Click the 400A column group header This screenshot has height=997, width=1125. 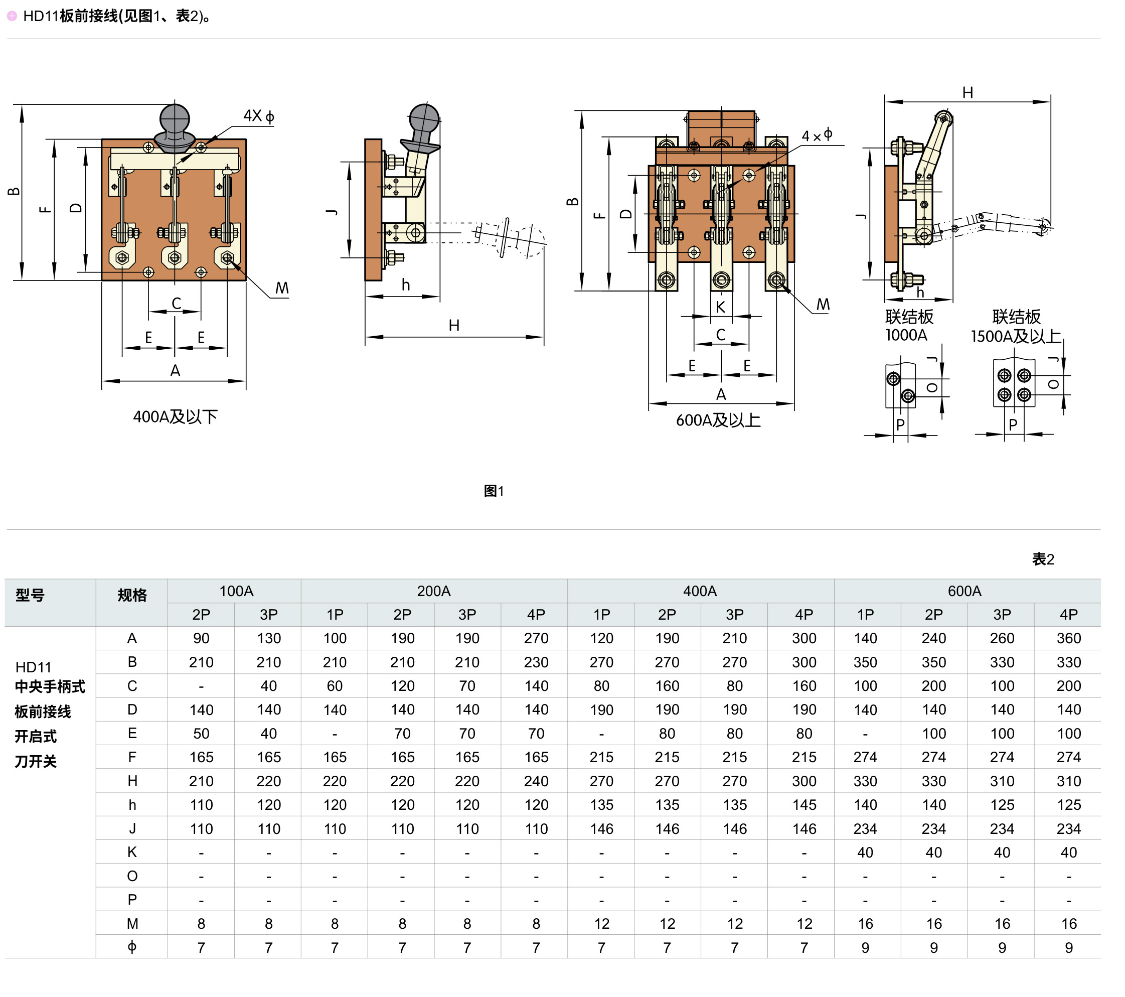[x=700, y=591]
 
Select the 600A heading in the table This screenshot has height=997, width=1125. [x=965, y=591]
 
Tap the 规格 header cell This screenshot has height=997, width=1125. [x=132, y=595]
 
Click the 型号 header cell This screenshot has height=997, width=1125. [x=30, y=595]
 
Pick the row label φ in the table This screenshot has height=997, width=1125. [x=132, y=947]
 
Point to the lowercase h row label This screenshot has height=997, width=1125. [x=132, y=805]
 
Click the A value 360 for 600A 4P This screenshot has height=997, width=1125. [x=1068, y=638]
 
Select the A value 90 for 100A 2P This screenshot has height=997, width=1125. [x=201, y=638]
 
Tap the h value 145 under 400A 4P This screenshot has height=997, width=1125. [x=803, y=805]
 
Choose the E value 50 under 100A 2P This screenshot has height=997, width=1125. [x=201, y=733]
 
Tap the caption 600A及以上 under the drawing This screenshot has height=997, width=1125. [x=718, y=420]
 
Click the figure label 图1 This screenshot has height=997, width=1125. [x=494, y=491]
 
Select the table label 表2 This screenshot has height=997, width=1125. [x=1043, y=559]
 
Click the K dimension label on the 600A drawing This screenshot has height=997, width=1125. [x=720, y=307]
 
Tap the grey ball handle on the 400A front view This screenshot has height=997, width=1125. [x=175, y=120]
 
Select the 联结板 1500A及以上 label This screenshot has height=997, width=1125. [x=1016, y=327]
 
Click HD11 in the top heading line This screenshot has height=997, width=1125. [x=41, y=16]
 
